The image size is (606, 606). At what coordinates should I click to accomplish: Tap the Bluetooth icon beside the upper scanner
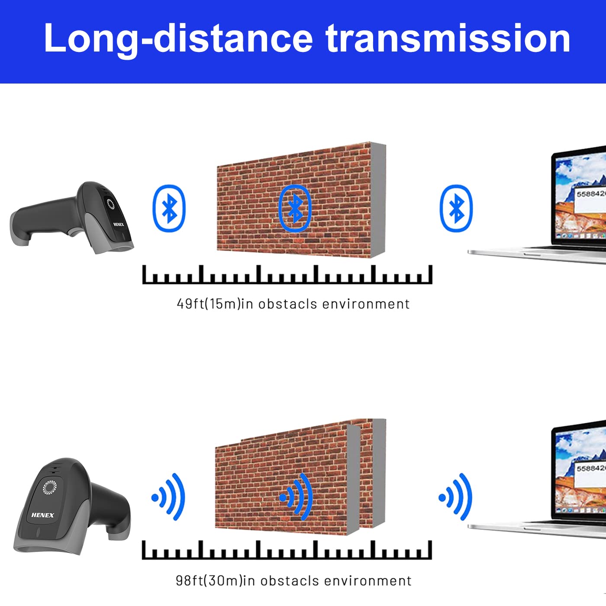pos(169,208)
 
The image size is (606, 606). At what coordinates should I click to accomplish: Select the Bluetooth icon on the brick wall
pos(295,208)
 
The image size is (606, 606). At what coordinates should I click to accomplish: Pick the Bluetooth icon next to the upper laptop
pos(456,208)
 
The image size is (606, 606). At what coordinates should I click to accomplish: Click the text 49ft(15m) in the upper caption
pos(209,304)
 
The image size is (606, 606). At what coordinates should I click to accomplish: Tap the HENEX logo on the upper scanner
pos(119,225)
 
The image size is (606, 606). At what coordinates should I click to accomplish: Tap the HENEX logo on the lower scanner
pos(42,515)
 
